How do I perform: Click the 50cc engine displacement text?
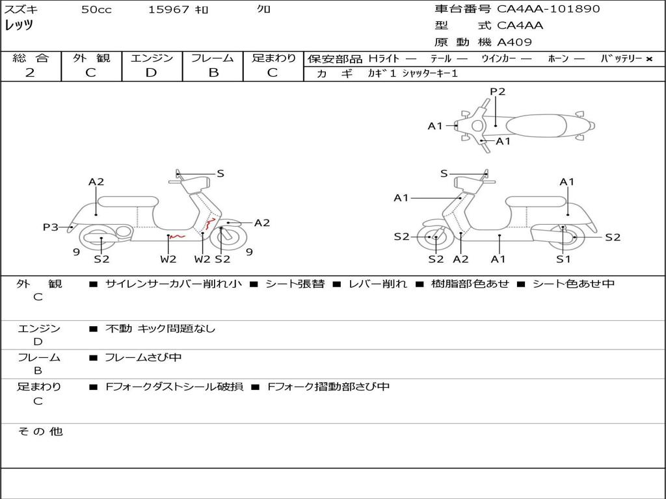pos(96,10)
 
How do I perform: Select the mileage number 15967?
pos(168,10)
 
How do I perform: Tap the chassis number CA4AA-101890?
pos(548,9)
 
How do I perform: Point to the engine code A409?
pos(514,42)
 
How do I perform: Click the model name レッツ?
pos(19,25)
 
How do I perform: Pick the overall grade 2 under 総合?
pos(30,73)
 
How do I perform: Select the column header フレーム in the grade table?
pos(213,58)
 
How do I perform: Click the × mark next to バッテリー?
pos(648,58)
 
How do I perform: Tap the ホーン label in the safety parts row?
pos(557,58)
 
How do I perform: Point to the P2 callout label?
pos(498,92)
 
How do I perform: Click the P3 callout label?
pos(51,227)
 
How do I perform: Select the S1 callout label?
pos(563,259)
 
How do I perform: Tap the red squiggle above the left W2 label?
pos(177,237)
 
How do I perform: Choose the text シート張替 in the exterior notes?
pos(295,284)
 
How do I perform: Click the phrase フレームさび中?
pos(143,357)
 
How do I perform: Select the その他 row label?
pos(40,431)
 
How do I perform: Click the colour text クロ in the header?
pos(264,10)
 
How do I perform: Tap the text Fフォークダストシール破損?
pos(174,387)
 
